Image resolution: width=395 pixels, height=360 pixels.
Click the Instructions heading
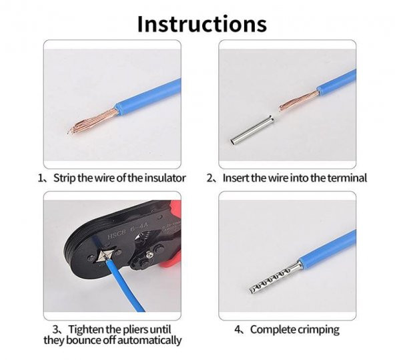[202, 23]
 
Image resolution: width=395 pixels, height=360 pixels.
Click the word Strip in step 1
[65, 178]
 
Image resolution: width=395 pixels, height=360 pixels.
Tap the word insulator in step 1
[165, 178]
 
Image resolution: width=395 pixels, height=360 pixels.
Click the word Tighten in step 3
[86, 329]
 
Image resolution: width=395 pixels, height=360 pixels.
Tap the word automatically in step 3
[149, 340]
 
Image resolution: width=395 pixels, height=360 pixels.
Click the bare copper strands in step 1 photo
[93, 120]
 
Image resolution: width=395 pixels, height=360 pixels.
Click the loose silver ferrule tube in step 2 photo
[252, 130]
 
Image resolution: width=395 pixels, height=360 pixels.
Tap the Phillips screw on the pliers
[150, 256]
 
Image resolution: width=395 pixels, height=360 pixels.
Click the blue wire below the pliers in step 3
[125, 286]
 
